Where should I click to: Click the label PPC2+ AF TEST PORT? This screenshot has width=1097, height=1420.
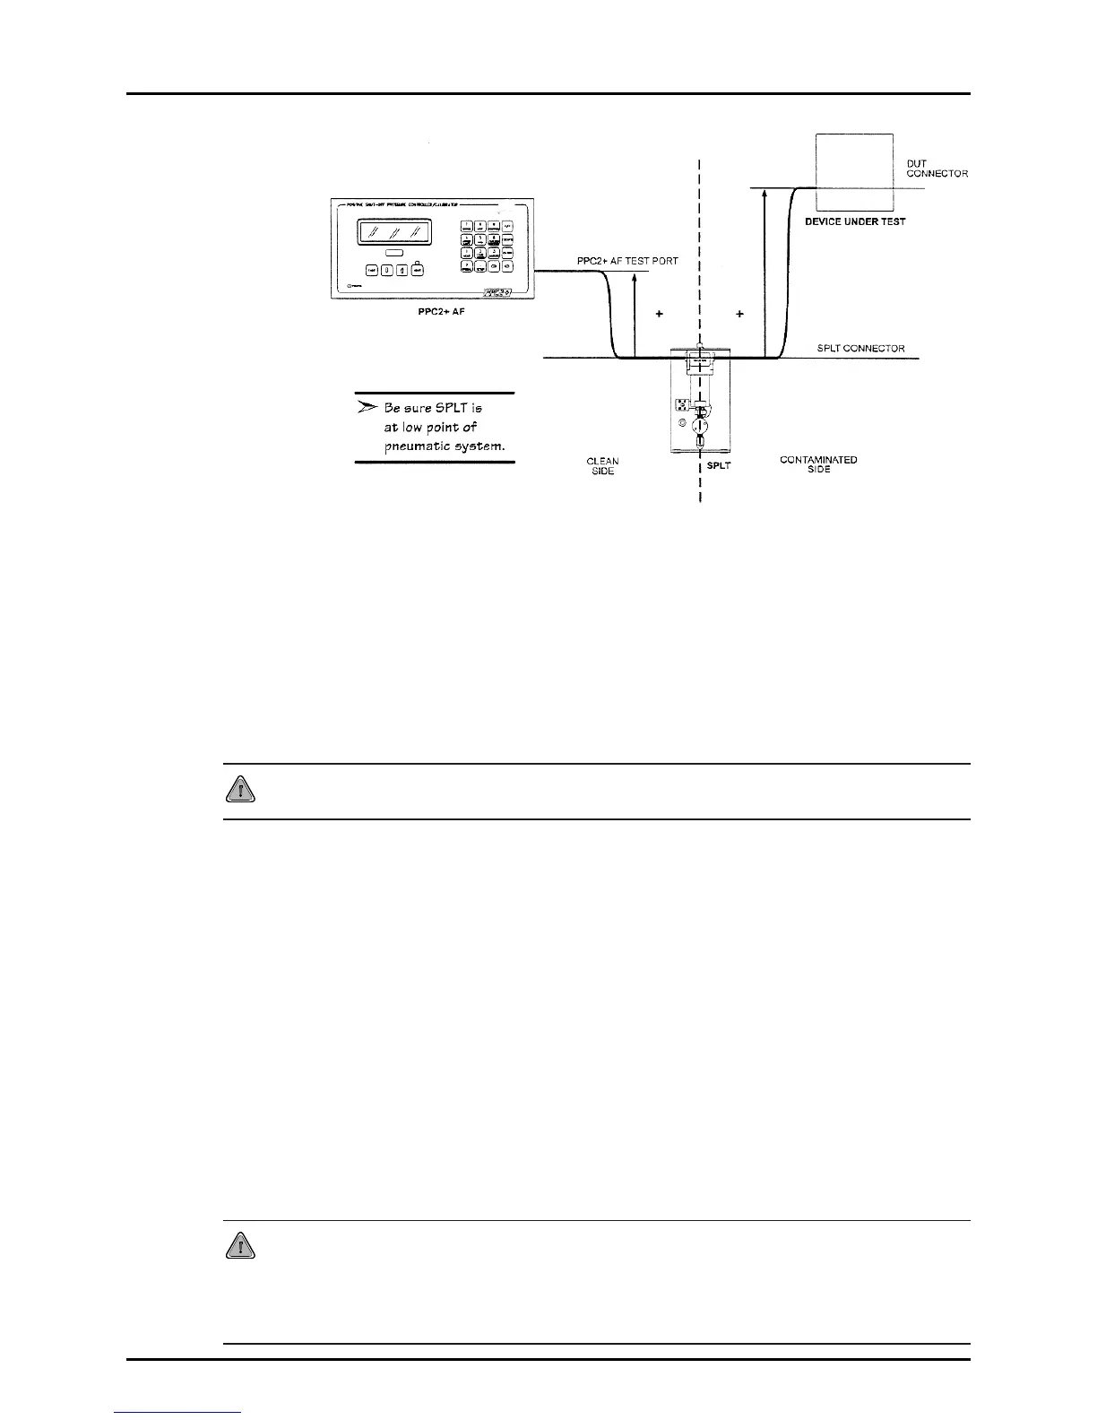click(x=627, y=261)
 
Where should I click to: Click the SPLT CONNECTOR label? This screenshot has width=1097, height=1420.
click(x=860, y=349)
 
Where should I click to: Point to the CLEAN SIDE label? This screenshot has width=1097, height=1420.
click(x=602, y=466)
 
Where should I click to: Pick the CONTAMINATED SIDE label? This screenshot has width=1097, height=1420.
click(x=818, y=464)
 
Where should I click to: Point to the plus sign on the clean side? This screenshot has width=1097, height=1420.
click(x=659, y=315)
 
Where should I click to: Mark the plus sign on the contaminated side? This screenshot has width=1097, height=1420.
click(x=739, y=315)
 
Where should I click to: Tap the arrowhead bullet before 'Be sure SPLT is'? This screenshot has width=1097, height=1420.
click(x=367, y=407)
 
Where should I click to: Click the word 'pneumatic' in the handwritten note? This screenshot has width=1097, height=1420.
click(x=416, y=446)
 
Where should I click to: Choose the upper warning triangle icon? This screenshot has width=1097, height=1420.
click(x=239, y=789)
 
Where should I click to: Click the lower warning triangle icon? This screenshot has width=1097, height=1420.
click(x=239, y=1245)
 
